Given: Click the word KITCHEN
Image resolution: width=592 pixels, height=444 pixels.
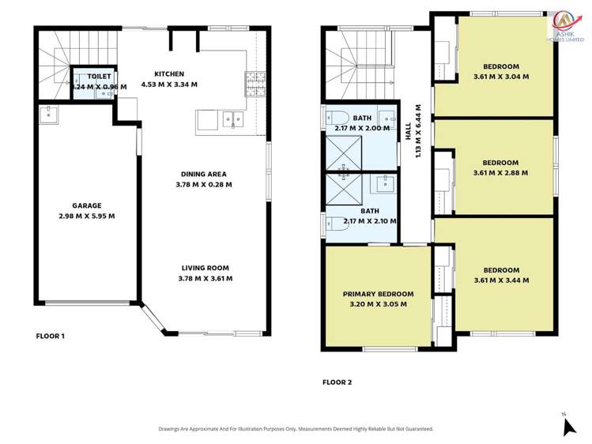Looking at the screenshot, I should click(168, 73).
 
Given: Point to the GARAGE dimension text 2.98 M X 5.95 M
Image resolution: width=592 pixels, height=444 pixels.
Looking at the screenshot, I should click(87, 216).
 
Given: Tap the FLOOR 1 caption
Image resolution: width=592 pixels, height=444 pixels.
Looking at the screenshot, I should click(51, 336).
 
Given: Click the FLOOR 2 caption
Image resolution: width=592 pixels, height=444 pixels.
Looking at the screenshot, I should click(337, 382).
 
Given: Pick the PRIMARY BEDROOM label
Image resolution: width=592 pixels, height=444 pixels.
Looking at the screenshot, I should click(378, 294).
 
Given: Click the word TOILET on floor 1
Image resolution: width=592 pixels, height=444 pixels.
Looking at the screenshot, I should click(99, 77).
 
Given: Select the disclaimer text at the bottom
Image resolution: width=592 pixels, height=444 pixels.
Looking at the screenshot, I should click(296, 428).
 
